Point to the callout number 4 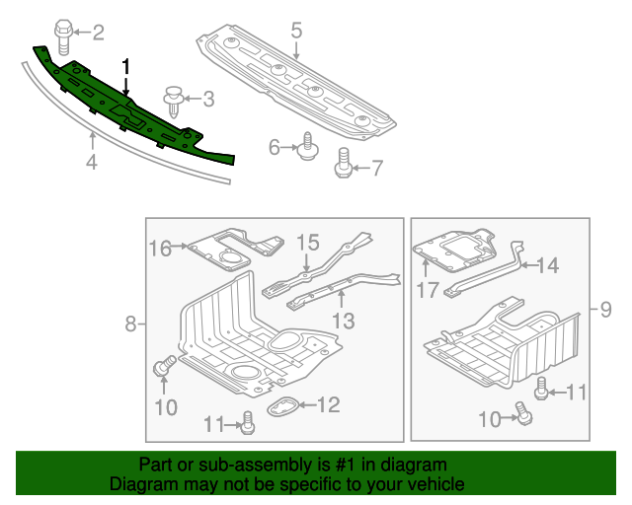coord(91,161)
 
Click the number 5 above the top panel coord(295,31)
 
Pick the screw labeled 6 coord(305,147)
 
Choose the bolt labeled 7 coord(345,162)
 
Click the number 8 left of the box coord(129,324)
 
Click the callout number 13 coord(342,320)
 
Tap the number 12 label coord(327,403)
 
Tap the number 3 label coord(207,98)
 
